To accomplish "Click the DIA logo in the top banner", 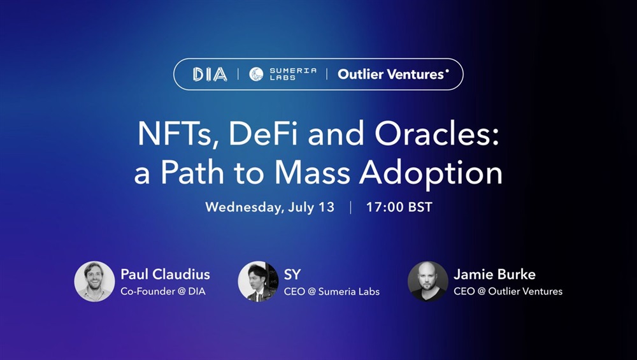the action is (x=210, y=75).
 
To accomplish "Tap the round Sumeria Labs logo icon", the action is (x=256, y=74).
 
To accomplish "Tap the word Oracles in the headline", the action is (x=436, y=133).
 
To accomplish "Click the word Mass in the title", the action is (x=312, y=173).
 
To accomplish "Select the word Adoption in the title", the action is (x=431, y=175).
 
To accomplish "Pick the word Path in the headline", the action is (x=192, y=173).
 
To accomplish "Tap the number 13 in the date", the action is (x=326, y=207).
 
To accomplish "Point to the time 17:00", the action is (x=384, y=207).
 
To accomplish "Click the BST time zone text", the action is (x=420, y=207).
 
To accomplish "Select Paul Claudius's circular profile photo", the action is (x=95, y=282).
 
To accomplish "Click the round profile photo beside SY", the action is (x=259, y=282).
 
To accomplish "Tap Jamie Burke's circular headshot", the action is (x=428, y=282).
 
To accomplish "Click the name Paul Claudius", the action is (x=166, y=274).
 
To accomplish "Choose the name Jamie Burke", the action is (x=494, y=274).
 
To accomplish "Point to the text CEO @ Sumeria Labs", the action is (x=332, y=291).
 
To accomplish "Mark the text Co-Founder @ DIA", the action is (x=163, y=291).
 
